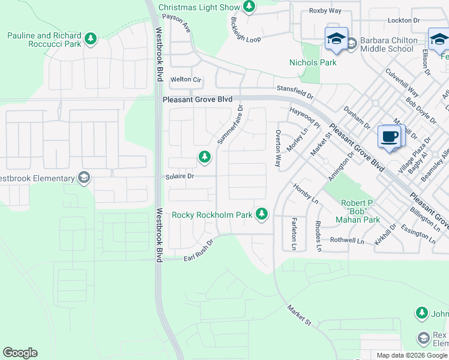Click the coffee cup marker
point(390,137)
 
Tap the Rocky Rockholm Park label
point(211,214)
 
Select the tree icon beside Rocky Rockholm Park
point(261,214)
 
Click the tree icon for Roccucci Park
point(91,40)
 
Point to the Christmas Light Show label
point(199,8)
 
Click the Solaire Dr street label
point(180,176)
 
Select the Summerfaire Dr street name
point(230,125)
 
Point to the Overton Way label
point(278,149)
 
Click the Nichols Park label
point(313,62)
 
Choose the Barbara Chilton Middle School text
point(387,45)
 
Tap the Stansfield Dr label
point(295,92)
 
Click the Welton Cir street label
point(185,79)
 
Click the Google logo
point(20,353)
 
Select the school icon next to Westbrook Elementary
point(84,178)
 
